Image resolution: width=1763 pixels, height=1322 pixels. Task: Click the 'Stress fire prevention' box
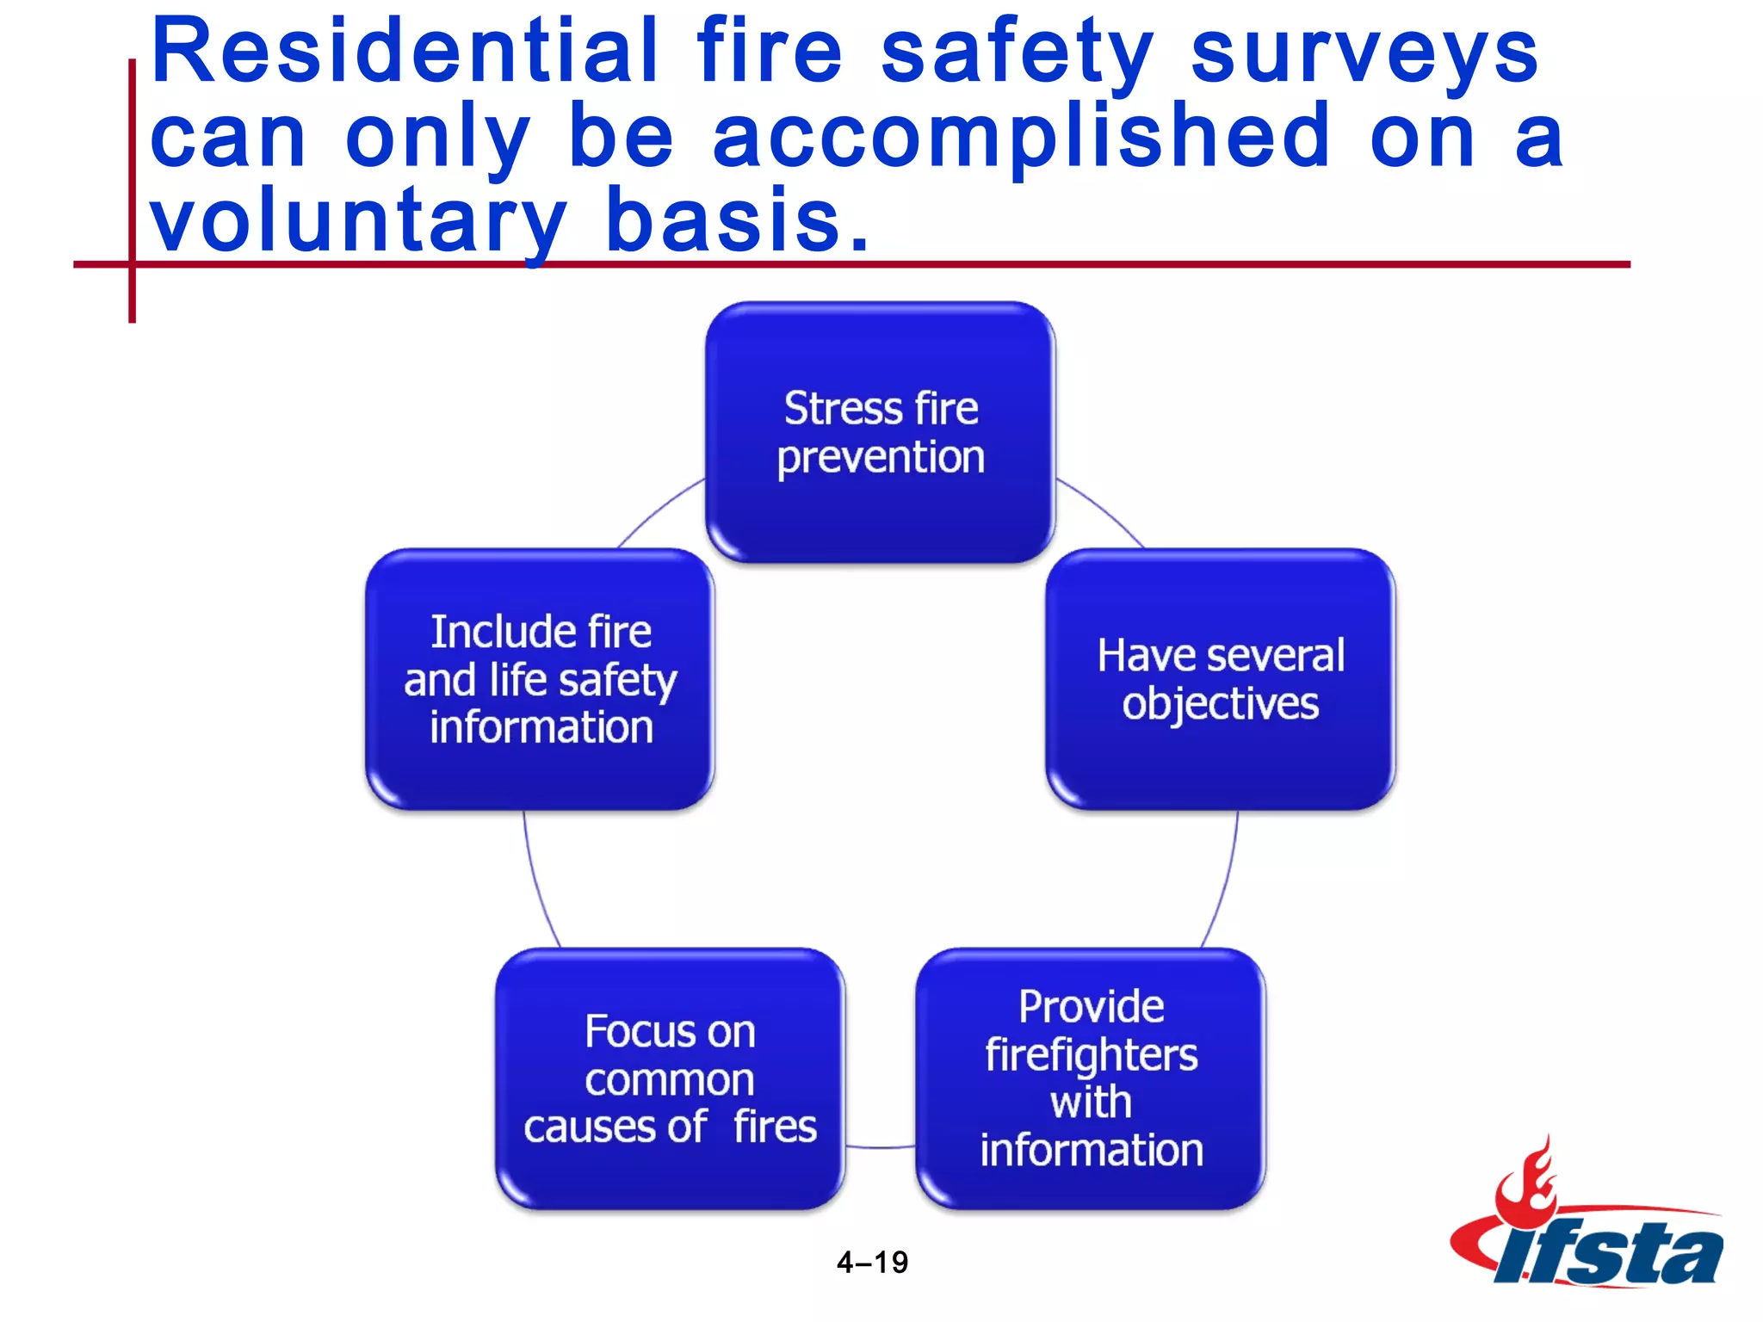[880, 432]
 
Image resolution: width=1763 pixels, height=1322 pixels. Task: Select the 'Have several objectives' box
[1220, 679]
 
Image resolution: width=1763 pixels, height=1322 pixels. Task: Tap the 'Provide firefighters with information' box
[1090, 1078]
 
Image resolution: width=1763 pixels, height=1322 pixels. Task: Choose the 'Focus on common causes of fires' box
[670, 1078]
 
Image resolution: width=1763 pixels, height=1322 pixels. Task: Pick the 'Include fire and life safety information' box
[540, 679]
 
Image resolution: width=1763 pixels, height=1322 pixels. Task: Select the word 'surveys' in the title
[1364, 53]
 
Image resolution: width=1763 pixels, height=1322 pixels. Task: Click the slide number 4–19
[872, 1262]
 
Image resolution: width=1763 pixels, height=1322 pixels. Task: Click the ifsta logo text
[1610, 1253]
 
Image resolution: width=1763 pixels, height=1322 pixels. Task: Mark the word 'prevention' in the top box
[881, 458]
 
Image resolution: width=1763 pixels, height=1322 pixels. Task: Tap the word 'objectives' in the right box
[1220, 704]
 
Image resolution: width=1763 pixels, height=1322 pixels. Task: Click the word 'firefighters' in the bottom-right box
[1091, 1055]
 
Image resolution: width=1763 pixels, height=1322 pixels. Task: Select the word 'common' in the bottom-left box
[670, 1080]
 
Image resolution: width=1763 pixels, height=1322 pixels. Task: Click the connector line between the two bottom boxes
[880, 1146]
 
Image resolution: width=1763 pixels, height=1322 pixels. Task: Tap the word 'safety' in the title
[1016, 53]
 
